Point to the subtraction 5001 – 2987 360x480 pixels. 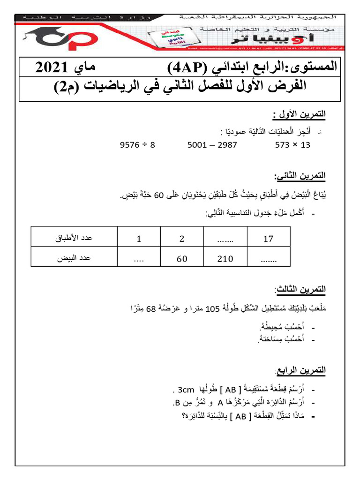(x=212, y=145)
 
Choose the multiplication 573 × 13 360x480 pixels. (x=292, y=145)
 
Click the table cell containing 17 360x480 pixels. (x=268, y=239)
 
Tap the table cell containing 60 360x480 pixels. (x=182, y=258)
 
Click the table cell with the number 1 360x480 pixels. (x=139, y=239)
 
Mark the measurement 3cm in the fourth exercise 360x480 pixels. (x=182, y=390)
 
